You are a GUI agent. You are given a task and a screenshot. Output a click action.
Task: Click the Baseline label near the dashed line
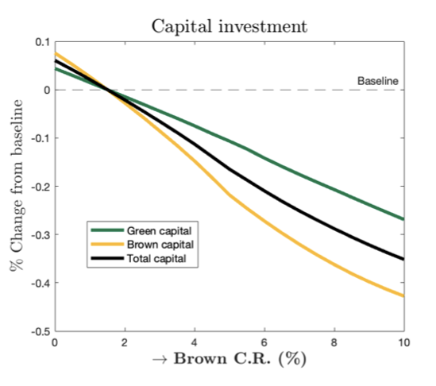[377, 81]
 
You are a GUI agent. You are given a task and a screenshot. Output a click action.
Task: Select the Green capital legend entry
[158, 230]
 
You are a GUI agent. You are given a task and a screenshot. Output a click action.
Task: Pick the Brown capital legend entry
[158, 245]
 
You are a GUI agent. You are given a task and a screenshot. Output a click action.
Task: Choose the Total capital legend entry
[156, 259]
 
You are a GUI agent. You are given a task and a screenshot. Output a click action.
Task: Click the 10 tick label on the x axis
[403, 342]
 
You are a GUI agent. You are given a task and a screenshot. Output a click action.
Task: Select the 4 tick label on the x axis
[194, 342]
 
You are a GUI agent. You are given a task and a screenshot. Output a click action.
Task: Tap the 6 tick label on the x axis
[264, 342]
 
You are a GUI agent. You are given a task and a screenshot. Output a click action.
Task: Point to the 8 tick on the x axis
[334, 342]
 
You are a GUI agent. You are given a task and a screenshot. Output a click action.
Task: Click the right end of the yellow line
[403, 296]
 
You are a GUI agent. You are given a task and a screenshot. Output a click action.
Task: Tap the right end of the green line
[403, 219]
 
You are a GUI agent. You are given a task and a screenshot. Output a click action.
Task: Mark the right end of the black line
[403, 259]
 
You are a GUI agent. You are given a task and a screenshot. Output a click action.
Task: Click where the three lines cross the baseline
[107, 90]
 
